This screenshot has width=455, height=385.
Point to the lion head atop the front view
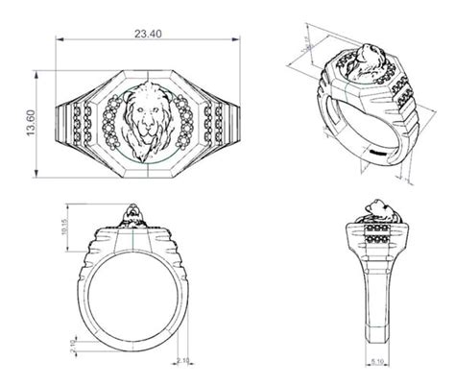coord(132,213)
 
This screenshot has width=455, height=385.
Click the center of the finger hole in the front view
coord(132,291)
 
